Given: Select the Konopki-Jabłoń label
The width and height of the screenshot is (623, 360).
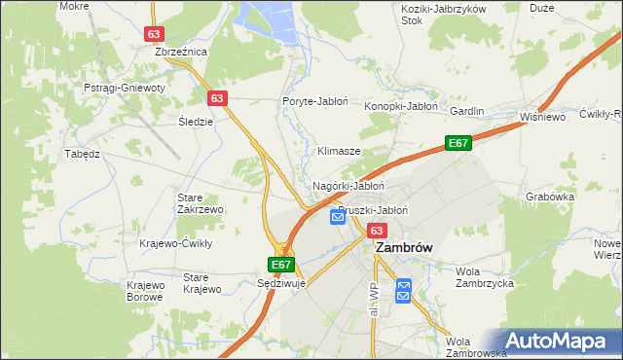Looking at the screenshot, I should click(402, 107).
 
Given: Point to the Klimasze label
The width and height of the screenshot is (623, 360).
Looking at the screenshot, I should click(340, 152).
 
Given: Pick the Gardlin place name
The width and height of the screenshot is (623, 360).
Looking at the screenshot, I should click(467, 112).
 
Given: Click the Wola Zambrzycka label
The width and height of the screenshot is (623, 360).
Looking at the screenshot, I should click(485, 277).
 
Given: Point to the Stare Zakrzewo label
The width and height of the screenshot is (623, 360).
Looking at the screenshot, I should click(201, 202).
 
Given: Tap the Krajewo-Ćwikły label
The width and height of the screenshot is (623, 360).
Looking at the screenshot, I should click(176, 243).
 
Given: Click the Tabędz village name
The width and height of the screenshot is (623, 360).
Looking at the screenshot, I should click(83, 154).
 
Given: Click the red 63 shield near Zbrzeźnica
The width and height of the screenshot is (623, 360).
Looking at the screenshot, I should click(154, 33).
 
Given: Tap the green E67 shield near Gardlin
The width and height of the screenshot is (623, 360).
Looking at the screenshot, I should click(458, 144).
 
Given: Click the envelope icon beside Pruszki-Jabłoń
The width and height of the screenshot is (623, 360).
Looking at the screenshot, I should click(338, 217).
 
